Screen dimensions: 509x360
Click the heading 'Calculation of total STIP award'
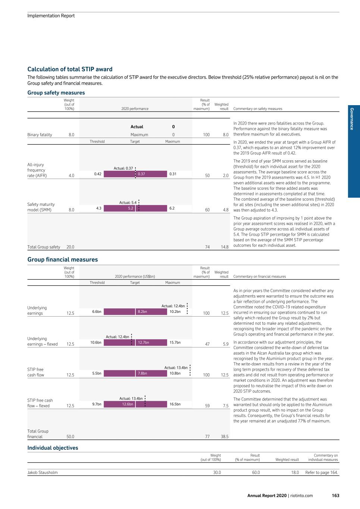(x=70, y=69)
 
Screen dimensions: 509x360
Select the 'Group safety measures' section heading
(x=56, y=92)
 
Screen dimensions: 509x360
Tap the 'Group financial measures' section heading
(x=62, y=260)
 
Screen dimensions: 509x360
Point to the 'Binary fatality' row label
(x=40, y=135)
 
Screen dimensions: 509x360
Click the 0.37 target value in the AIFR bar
(x=141, y=174)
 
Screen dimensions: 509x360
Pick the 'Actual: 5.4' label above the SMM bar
(x=128, y=202)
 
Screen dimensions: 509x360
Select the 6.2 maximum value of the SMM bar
(x=172, y=208)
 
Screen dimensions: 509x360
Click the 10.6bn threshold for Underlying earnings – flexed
(x=96, y=342)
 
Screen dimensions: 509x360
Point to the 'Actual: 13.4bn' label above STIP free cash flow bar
(x=176, y=368)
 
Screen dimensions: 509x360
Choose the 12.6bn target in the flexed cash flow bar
(x=128, y=404)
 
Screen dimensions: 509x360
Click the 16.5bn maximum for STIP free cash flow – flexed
(x=175, y=404)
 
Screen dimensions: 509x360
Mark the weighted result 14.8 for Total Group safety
(x=225, y=247)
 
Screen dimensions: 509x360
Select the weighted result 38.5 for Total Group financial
(x=225, y=436)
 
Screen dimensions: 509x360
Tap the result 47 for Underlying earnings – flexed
(x=207, y=344)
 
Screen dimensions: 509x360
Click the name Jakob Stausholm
(x=43, y=472)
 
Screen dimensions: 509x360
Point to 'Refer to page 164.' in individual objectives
(x=322, y=472)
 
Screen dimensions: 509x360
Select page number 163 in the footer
(x=335, y=496)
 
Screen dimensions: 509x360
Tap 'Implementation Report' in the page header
(x=51, y=16)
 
